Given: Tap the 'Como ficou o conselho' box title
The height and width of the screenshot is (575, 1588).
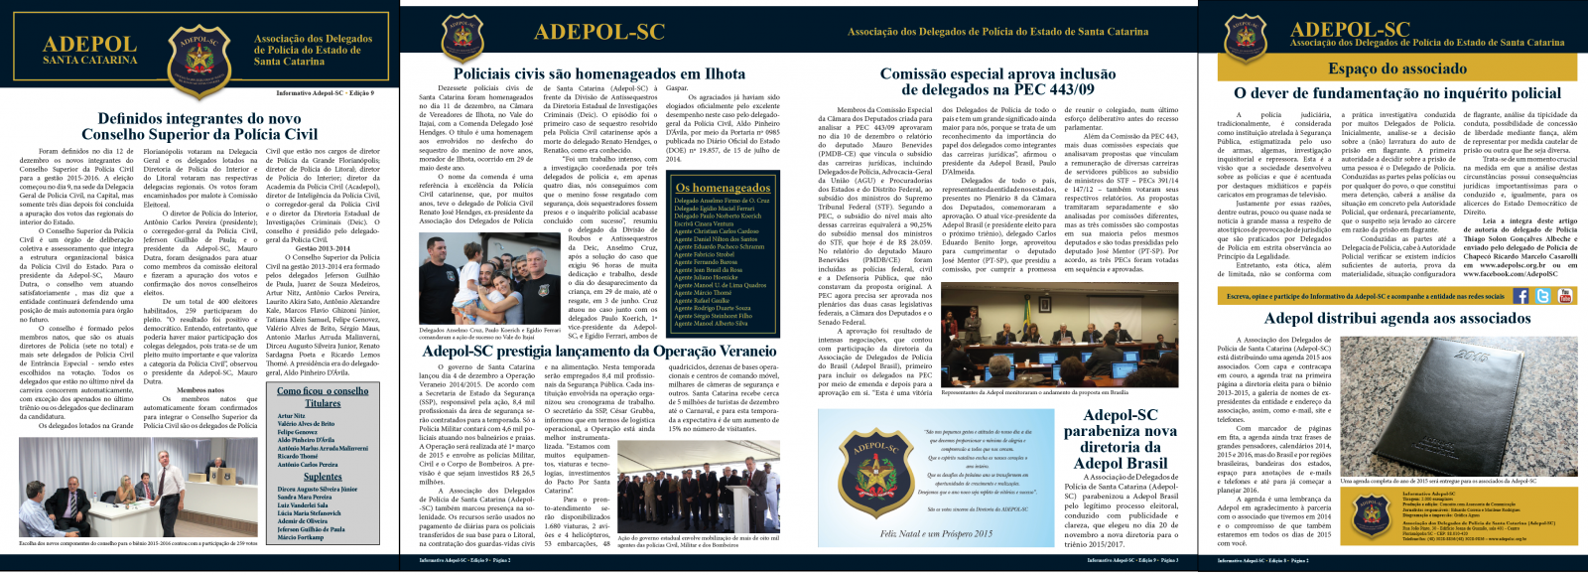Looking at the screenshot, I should pos(323,391).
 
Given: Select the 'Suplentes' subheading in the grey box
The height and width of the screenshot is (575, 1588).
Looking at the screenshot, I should pos(323,477).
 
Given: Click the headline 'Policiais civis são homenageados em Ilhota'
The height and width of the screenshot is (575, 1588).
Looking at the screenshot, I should pos(598,73).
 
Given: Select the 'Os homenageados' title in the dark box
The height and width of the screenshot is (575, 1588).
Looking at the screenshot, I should pos(723,188).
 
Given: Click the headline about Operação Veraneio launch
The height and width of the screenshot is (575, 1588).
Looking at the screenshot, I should pos(598,351).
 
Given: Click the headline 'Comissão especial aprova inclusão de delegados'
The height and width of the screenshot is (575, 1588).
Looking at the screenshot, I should pos(998,81).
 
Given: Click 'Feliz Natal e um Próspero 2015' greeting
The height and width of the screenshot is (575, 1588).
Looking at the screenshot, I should pos(936,533).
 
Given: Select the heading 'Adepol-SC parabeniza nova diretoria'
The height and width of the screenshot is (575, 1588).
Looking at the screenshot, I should pos(1121,439).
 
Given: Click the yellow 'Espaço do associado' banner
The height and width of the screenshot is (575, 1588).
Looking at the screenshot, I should pos(1396,68).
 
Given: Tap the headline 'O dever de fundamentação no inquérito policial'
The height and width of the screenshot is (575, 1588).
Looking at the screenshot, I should pos(1396,92).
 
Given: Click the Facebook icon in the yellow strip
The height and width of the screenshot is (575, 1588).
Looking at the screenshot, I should pos(1520,296).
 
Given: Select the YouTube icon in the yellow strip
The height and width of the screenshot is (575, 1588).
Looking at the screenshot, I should pos(1565,296).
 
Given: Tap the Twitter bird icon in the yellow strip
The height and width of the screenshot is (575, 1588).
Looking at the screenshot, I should pos(1542,296).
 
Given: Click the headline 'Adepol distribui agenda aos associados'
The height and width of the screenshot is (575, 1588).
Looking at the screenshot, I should pos(1396,318).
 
